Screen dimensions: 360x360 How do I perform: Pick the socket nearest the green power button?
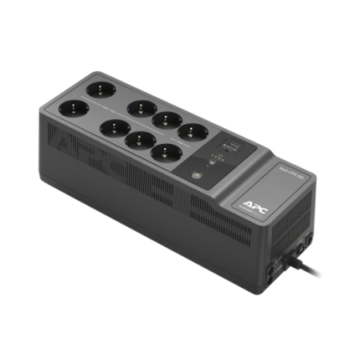[x=165, y=149]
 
